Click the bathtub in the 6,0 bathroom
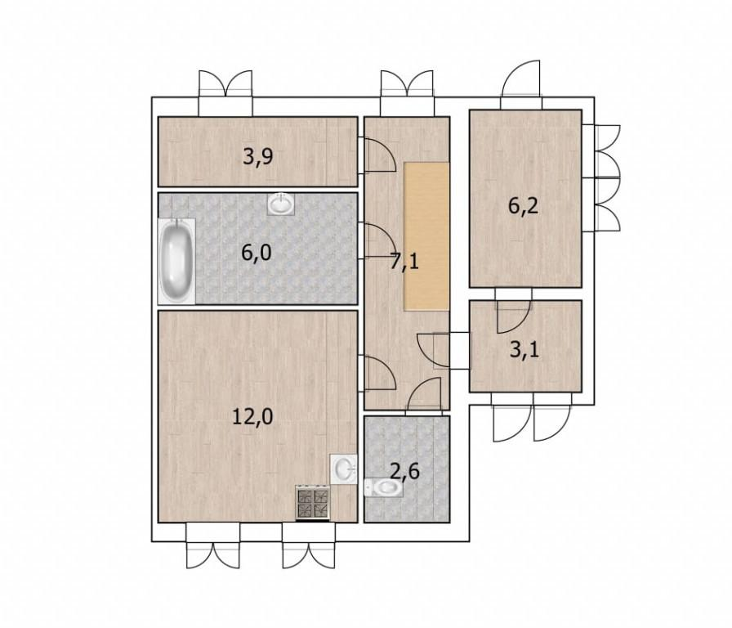click(x=176, y=261)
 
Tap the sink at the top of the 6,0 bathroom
click(x=281, y=204)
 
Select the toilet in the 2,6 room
click(x=383, y=488)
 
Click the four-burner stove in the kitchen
click(x=313, y=503)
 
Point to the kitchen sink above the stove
click(x=344, y=469)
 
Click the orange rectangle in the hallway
click(x=426, y=236)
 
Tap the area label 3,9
click(x=258, y=157)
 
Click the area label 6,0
click(x=257, y=253)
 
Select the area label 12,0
click(x=252, y=416)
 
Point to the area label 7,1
click(x=404, y=262)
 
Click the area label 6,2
click(x=524, y=205)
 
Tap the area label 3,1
click(x=524, y=349)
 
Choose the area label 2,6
click(x=404, y=472)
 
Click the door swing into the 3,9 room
click(x=377, y=155)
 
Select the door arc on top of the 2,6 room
click(x=423, y=397)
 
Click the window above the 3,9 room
click(x=225, y=93)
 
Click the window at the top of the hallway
click(x=407, y=93)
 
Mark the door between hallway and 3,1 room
click(x=444, y=351)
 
